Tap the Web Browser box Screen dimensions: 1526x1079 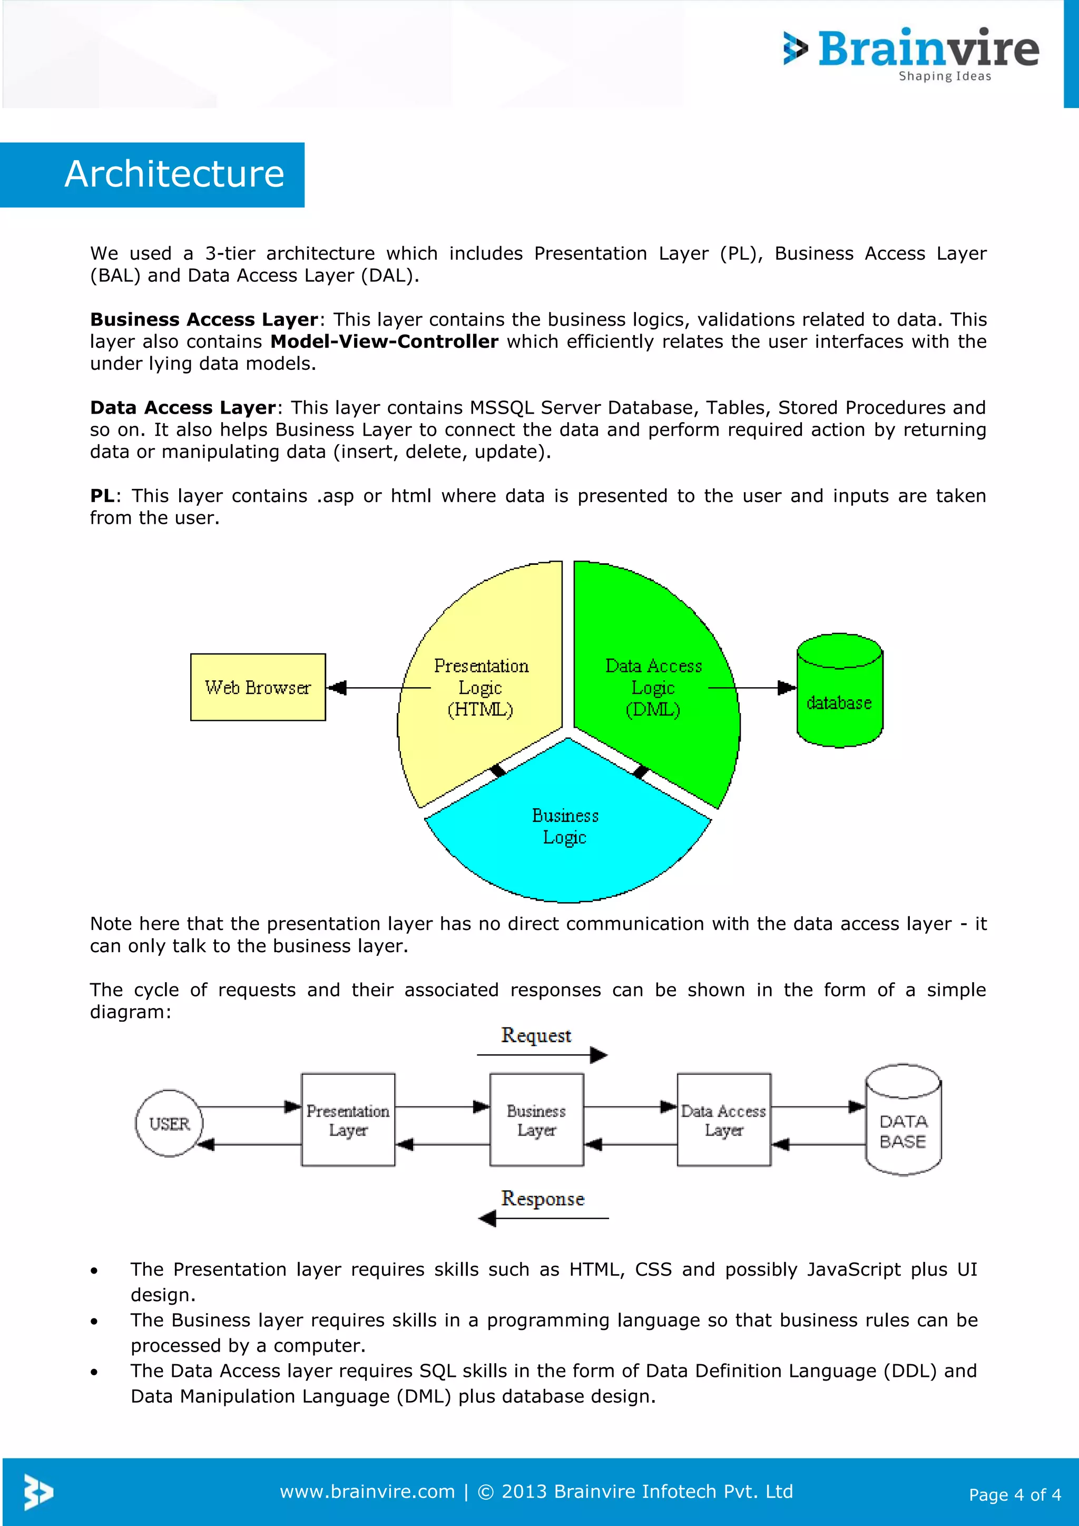[258, 687]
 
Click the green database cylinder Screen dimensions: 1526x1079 [840, 691]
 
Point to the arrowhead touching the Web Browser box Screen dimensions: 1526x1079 [337, 688]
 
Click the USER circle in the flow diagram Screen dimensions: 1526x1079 [170, 1124]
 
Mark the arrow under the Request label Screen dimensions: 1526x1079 [542, 1055]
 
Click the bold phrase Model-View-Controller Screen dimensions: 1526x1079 [384, 341]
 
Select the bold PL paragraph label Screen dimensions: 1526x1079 [102, 496]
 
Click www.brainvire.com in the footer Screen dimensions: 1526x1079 [367, 1491]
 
